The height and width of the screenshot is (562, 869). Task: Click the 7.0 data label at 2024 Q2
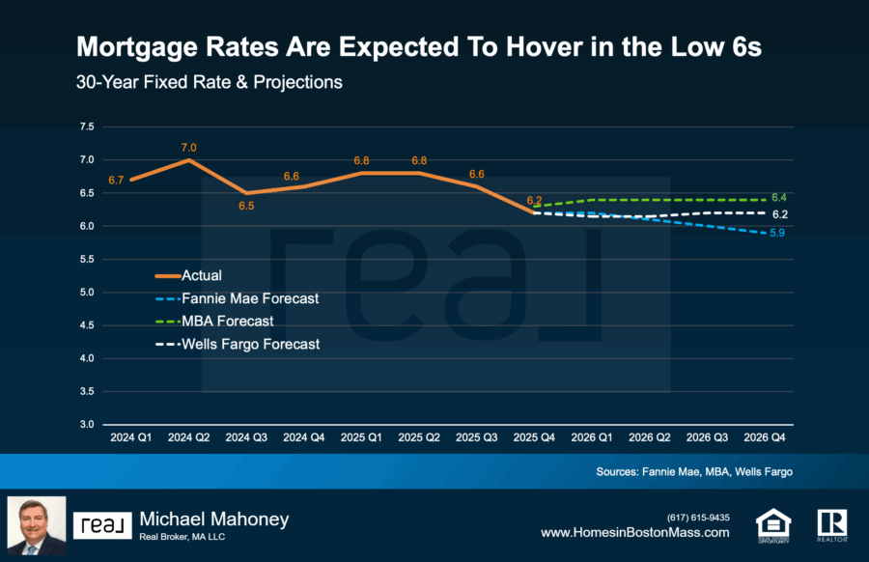[x=188, y=148]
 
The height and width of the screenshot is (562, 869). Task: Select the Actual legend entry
[x=201, y=276]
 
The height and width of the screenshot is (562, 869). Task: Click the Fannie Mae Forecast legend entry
[x=250, y=298]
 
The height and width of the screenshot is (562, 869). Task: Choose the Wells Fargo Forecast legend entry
[x=250, y=343]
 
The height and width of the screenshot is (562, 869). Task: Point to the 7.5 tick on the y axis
[x=87, y=126]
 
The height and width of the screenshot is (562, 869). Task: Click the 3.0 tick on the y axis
[x=87, y=425]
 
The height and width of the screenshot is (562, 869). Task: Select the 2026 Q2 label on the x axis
[x=650, y=437]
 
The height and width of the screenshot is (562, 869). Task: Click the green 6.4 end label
[x=779, y=197]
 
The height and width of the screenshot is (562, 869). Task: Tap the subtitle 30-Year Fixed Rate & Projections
[x=210, y=83]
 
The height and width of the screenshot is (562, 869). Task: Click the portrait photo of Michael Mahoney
[x=37, y=526]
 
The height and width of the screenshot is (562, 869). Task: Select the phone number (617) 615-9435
[x=698, y=517]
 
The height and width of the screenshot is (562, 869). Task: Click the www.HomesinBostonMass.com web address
[x=634, y=532]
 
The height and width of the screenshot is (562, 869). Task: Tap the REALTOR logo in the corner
[x=831, y=523]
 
